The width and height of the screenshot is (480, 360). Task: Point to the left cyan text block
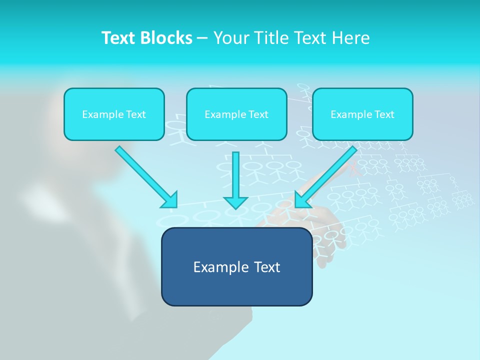click(114, 114)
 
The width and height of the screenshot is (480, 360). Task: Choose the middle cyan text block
click(236, 114)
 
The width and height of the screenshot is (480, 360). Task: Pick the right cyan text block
click(362, 114)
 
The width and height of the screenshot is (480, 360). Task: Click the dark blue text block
click(236, 266)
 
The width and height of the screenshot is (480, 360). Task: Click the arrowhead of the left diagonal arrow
click(170, 200)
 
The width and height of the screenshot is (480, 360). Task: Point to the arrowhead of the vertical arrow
click(235, 202)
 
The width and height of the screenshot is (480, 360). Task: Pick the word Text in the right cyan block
click(384, 114)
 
